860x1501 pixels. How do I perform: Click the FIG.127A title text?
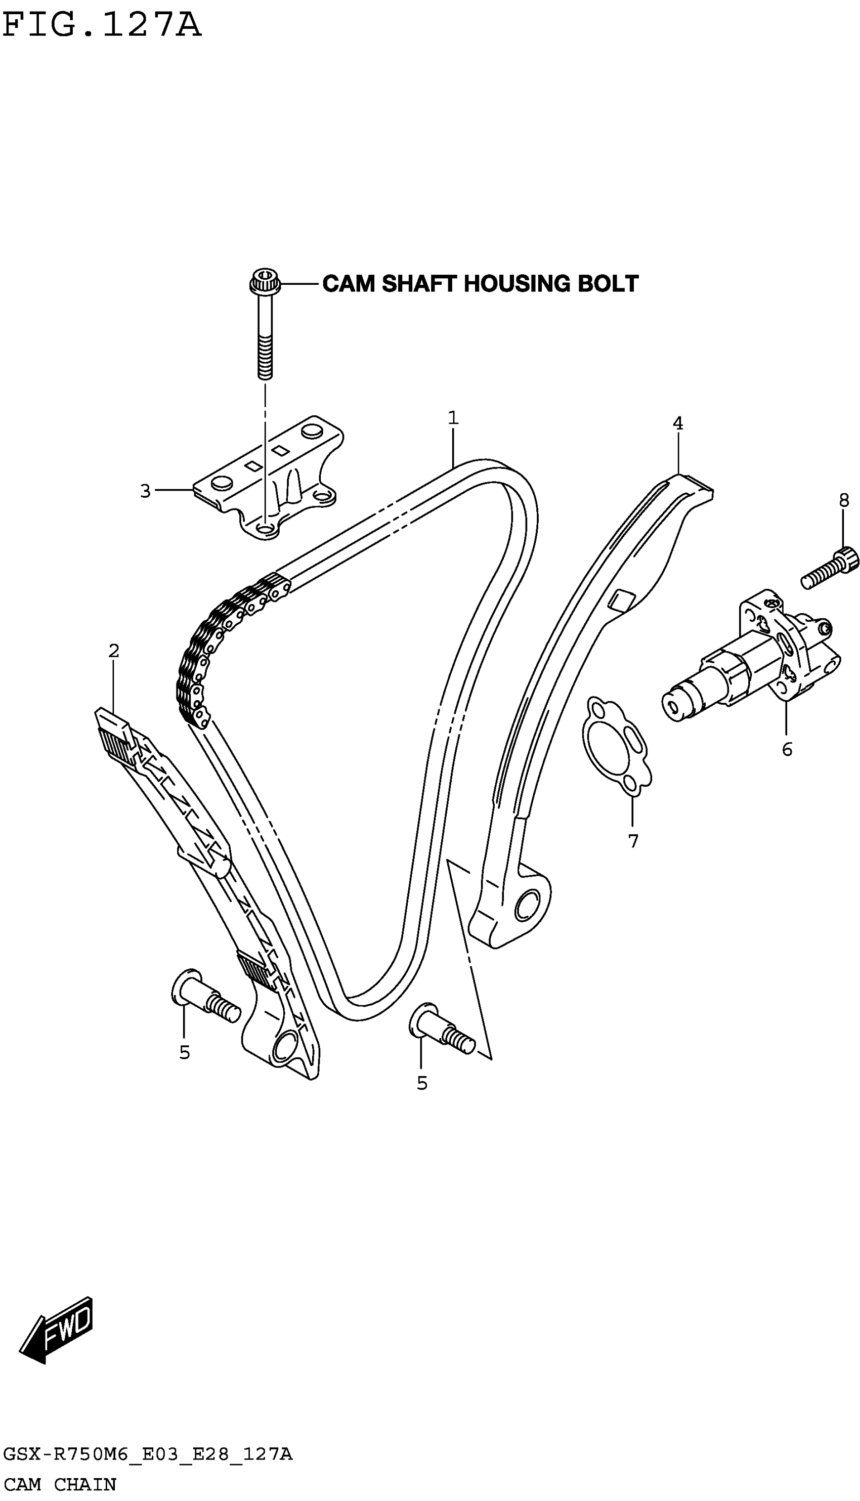point(102,25)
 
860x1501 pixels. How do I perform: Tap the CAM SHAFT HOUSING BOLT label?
point(480,284)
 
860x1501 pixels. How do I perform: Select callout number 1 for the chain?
point(453,418)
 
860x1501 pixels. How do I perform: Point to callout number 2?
point(114,651)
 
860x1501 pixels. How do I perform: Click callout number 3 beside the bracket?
point(145,491)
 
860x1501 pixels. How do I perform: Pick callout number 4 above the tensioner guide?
point(677,423)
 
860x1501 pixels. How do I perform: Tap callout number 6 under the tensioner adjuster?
point(787,749)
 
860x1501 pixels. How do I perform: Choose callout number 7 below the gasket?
point(633,841)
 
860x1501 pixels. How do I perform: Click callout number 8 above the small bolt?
point(843,501)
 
